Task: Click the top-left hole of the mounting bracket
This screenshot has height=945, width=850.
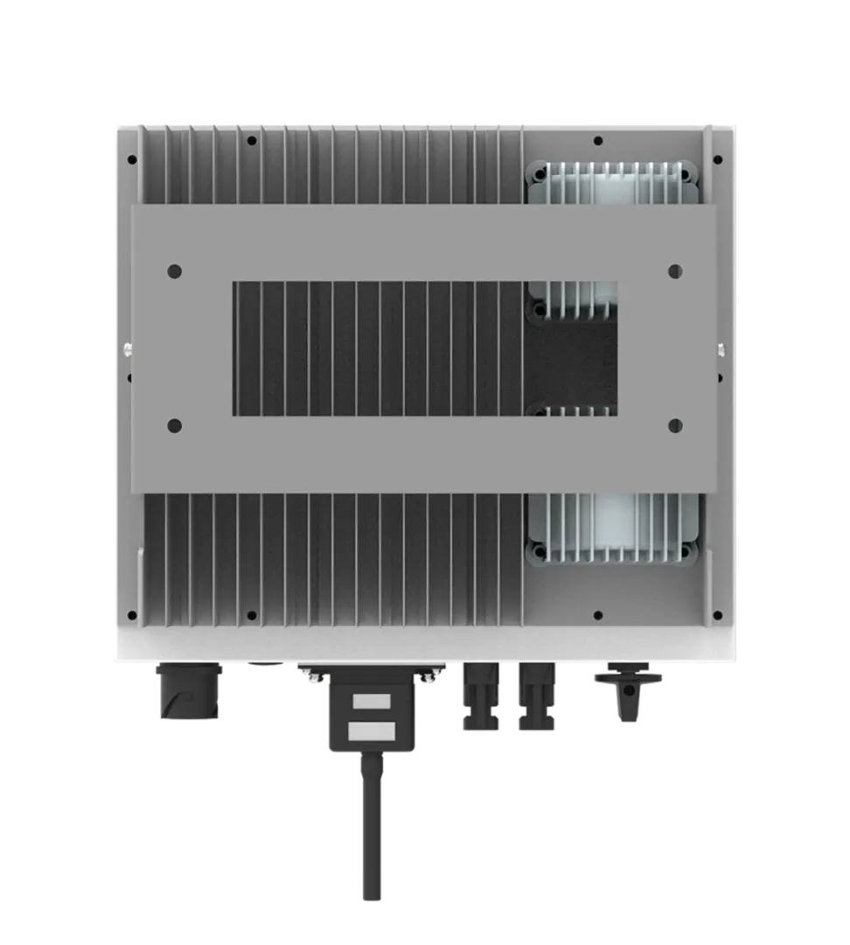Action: [x=173, y=272]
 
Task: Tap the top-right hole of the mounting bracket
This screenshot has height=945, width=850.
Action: [x=674, y=272]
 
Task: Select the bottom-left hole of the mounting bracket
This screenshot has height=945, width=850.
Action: [x=173, y=426]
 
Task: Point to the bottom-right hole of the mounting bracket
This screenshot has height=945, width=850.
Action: [x=674, y=426]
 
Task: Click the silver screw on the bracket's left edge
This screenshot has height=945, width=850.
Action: [x=128, y=350]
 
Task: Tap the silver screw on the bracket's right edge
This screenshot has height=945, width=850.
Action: [x=721, y=350]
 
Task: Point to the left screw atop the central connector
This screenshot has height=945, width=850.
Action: [x=311, y=671]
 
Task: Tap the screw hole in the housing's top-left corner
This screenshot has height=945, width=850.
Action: [x=132, y=161]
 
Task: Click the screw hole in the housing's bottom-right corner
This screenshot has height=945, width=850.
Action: [x=717, y=613]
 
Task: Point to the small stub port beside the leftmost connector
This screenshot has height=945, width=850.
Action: [x=264, y=668]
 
